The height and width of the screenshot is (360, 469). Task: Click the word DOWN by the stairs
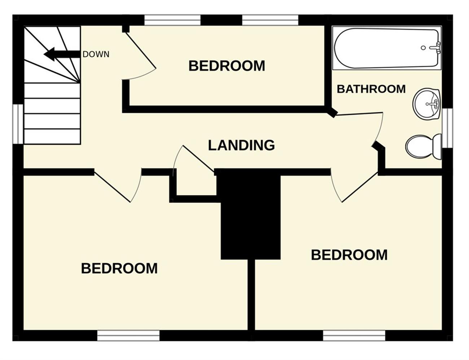[x=96, y=54]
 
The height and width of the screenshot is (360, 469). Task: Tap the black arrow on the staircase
[x=62, y=54]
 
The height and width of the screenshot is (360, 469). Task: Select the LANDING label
[x=241, y=145]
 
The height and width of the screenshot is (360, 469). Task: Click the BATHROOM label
[x=371, y=89]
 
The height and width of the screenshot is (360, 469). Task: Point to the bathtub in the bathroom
[x=387, y=48]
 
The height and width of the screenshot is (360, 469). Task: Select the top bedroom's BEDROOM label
[x=227, y=66]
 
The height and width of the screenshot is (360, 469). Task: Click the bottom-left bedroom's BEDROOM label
[x=119, y=268]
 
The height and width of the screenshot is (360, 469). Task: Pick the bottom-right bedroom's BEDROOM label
[x=349, y=255]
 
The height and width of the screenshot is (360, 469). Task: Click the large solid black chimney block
[x=250, y=214]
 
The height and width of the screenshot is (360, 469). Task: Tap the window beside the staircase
[x=18, y=124]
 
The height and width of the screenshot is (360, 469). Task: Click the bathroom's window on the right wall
[x=447, y=128]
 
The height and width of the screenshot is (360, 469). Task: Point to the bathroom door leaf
[x=359, y=114]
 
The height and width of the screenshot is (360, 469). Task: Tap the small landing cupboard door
[x=199, y=159]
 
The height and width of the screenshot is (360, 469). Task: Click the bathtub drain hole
[x=423, y=48]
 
